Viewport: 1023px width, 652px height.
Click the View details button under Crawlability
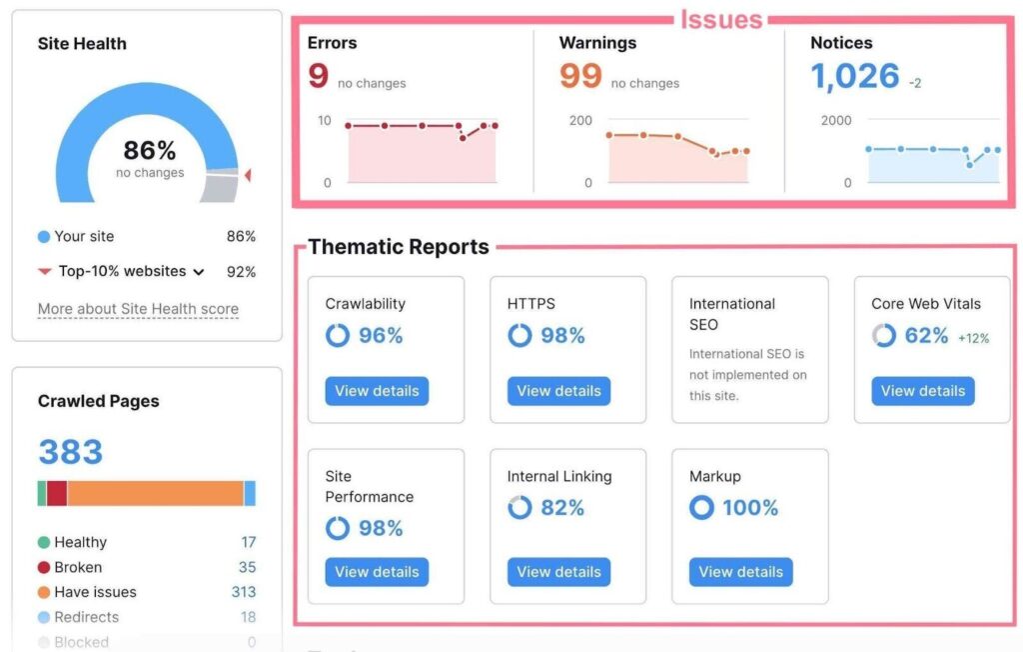[377, 391]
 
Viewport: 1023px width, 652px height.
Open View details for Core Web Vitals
[922, 391]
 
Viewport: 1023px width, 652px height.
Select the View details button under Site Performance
[377, 572]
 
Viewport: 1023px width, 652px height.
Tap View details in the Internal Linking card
[558, 572]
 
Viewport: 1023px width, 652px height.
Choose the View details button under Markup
[740, 572]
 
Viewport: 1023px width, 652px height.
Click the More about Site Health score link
[138, 308]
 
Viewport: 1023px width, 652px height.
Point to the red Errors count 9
[318, 76]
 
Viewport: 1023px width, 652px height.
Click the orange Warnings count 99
[580, 76]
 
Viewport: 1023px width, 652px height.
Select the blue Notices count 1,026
[854, 76]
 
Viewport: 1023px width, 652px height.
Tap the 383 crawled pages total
[71, 452]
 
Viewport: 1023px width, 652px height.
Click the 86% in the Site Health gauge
[150, 151]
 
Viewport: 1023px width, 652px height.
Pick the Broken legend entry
[78, 567]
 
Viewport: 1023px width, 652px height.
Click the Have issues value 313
[244, 592]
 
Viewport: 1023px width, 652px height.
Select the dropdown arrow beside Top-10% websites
[199, 272]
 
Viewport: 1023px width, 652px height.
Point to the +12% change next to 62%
[973, 338]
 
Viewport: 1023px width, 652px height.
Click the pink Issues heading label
[721, 19]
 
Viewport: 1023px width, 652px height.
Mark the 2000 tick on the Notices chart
[835, 120]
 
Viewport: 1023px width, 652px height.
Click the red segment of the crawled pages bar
[57, 493]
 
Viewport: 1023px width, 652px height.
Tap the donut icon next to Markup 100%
[701, 508]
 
